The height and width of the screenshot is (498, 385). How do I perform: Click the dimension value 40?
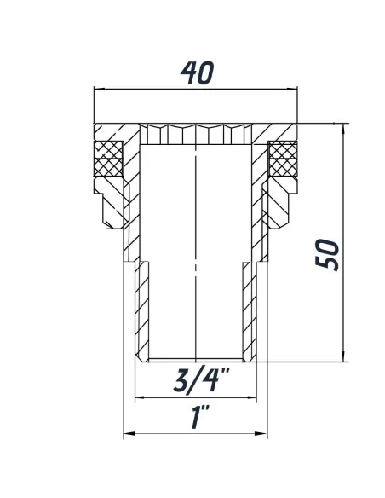(x=196, y=73)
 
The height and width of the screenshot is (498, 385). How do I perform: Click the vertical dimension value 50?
(x=327, y=254)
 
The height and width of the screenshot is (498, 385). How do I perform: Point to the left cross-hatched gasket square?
(x=106, y=159)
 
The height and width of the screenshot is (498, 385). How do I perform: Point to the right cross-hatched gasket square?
(x=283, y=159)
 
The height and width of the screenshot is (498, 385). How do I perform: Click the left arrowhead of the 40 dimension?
(x=96, y=89)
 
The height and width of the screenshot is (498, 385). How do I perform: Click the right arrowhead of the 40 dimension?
(x=299, y=89)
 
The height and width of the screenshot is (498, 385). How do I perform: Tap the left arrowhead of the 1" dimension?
(x=128, y=434)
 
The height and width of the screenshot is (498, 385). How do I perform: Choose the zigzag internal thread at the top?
(x=196, y=135)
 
